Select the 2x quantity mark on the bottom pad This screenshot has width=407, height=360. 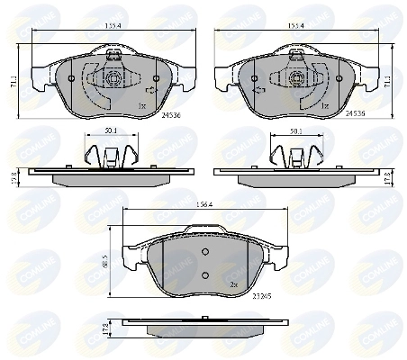click(233, 284)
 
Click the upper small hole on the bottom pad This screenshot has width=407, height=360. click(204, 251)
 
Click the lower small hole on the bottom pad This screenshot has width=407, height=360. click(204, 274)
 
